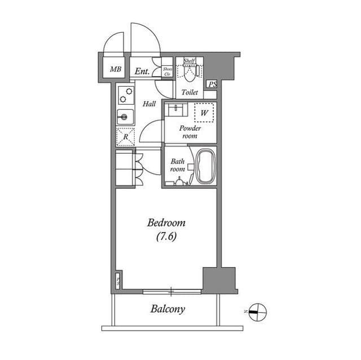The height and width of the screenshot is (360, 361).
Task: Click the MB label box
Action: click(116, 70)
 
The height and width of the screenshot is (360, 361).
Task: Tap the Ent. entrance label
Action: click(142, 71)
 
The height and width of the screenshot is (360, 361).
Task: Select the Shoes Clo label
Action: click(168, 71)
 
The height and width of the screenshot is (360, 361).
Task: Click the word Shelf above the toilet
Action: click(190, 61)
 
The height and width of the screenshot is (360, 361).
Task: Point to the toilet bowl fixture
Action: click(190, 74)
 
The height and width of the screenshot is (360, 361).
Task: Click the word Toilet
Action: click(190, 92)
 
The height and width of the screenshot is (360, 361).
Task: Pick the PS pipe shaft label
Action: click(212, 85)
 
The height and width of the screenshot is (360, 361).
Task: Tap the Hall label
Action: click(149, 104)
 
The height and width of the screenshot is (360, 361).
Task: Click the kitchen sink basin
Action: click(124, 117)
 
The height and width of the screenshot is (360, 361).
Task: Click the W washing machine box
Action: click(205, 113)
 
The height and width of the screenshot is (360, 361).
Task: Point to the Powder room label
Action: click(190, 132)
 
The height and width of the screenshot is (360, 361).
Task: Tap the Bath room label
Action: click(178, 165)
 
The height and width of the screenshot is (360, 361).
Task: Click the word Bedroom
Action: click(166, 223)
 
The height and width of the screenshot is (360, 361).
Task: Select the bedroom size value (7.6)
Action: click(166, 237)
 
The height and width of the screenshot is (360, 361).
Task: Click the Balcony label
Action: click(168, 309)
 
